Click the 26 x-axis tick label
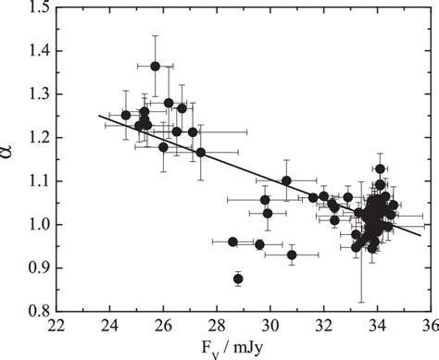(x=163, y=325)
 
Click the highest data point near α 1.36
(x=156, y=66)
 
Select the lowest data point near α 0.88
(x=238, y=278)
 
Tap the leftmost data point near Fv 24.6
(x=126, y=115)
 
